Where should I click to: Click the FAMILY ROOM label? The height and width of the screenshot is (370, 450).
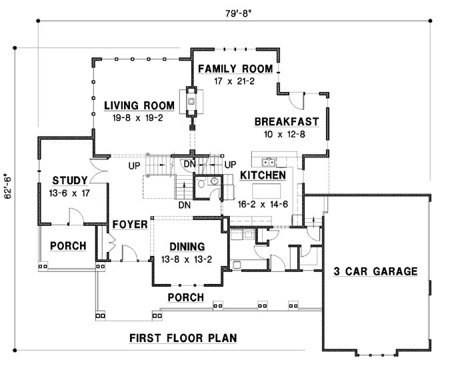(x=235, y=69)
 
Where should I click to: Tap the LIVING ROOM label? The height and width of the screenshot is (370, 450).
(x=139, y=105)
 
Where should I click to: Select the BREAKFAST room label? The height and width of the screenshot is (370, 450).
(x=287, y=122)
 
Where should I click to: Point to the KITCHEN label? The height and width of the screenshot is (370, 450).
(x=263, y=175)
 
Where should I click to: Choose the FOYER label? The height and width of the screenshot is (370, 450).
(x=129, y=224)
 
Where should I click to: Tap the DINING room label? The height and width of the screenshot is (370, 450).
(x=187, y=246)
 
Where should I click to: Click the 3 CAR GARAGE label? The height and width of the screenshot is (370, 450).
(x=375, y=271)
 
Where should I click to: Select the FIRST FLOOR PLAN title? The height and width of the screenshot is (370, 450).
(x=183, y=338)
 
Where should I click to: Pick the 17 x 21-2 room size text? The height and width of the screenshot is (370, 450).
(x=235, y=81)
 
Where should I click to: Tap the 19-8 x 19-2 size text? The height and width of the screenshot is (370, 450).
(x=139, y=117)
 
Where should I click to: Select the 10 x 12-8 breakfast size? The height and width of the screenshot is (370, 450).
(x=287, y=134)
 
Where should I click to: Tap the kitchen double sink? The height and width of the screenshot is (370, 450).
(x=270, y=161)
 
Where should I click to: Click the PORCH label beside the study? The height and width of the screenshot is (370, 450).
(x=69, y=246)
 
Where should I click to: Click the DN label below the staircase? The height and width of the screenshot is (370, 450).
(x=185, y=205)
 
